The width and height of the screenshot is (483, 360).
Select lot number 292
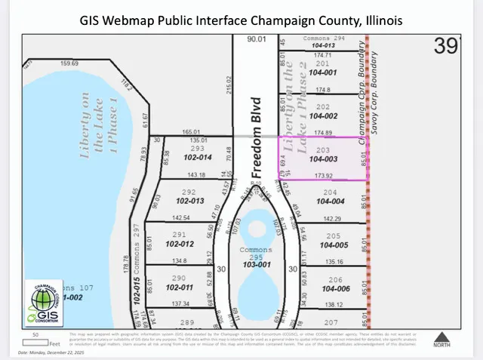coord(189,192)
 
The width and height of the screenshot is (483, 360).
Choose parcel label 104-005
coord(334,245)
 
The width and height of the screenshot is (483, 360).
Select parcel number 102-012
coord(180,244)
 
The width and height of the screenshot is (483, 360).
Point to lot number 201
coord(322,63)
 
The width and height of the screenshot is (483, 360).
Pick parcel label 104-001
coord(322,72)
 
